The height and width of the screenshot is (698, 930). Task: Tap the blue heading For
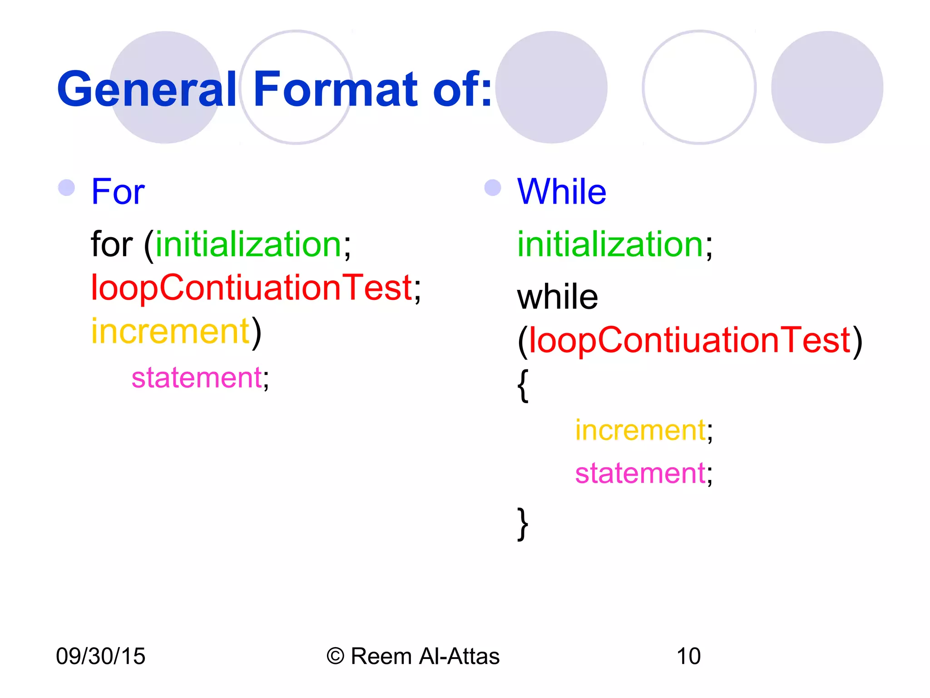[x=118, y=192]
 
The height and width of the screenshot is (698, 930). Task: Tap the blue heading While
[x=561, y=192]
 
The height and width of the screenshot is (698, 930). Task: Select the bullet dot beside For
[x=67, y=188]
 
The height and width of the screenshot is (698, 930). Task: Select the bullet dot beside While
[x=493, y=188]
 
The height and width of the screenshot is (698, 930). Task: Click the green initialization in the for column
[x=248, y=244]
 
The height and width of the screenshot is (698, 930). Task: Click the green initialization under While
[x=610, y=244]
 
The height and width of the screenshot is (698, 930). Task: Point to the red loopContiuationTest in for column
[x=251, y=288]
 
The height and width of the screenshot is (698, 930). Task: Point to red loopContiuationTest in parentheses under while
[x=689, y=340]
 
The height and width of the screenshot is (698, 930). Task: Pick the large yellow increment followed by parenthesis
[x=170, y=331]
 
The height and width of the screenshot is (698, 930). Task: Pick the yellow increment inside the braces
[x=640, y=430]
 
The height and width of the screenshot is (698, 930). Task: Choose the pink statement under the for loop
[x=197, y=378]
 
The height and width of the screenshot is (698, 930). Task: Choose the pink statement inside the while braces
[x=640, y=473]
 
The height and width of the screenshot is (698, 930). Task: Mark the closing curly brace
[x=523, y=524]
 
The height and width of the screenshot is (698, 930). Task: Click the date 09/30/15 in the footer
[x=100, y=656]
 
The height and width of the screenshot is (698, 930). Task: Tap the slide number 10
[x=688, y=656]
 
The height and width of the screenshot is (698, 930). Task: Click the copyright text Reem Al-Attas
[x=425, y=656]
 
